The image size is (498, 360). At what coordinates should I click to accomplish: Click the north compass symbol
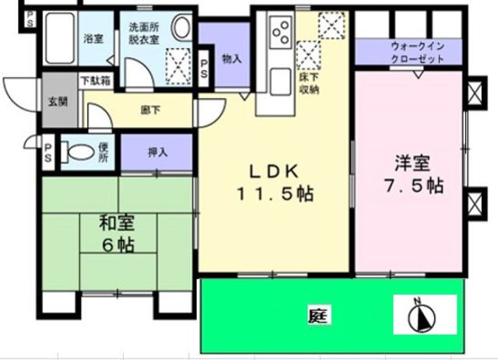click(423, 316)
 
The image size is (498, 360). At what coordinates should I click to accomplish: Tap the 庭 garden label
click(316, 316)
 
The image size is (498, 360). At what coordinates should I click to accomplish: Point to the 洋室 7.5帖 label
click(412, 176)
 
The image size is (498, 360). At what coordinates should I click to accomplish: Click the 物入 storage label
click(230, 58)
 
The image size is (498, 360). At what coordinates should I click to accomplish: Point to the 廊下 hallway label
click(151, 110)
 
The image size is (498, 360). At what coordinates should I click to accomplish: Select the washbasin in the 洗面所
click(182, 28)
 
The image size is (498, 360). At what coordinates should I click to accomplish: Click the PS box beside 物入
click(203, 68)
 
